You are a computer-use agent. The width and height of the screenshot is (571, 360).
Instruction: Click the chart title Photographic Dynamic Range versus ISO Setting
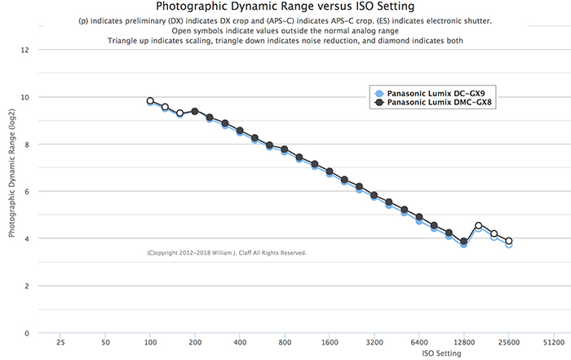[x=285, y=7]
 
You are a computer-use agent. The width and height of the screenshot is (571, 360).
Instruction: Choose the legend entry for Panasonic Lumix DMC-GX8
[x=441, y=103]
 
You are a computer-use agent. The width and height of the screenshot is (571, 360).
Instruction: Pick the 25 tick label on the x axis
[x=60, y=343]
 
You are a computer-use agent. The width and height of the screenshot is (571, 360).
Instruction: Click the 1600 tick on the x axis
[x=330, y=343]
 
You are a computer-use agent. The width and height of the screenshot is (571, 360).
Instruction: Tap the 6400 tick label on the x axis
[x=419, y=343]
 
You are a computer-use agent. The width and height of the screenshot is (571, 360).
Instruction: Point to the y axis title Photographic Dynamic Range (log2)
[x=12, y=191]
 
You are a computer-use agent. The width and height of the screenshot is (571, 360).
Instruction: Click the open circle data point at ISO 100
[x=150, y=101]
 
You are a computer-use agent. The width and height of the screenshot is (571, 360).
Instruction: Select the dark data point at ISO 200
[x=195, y=111]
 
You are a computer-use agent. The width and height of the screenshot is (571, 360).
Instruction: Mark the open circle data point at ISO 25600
[x=509, y=242]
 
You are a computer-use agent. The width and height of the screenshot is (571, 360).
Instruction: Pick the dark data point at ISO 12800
[x=464, y=242]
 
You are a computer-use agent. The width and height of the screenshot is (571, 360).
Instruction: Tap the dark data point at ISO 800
[x=285, y=149]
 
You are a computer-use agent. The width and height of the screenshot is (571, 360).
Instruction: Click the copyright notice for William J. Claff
[x=227, y=253]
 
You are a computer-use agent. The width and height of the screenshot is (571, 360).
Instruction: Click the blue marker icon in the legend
[x=378, y=93]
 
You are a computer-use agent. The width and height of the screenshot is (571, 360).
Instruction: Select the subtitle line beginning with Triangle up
[x=285, y=40]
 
